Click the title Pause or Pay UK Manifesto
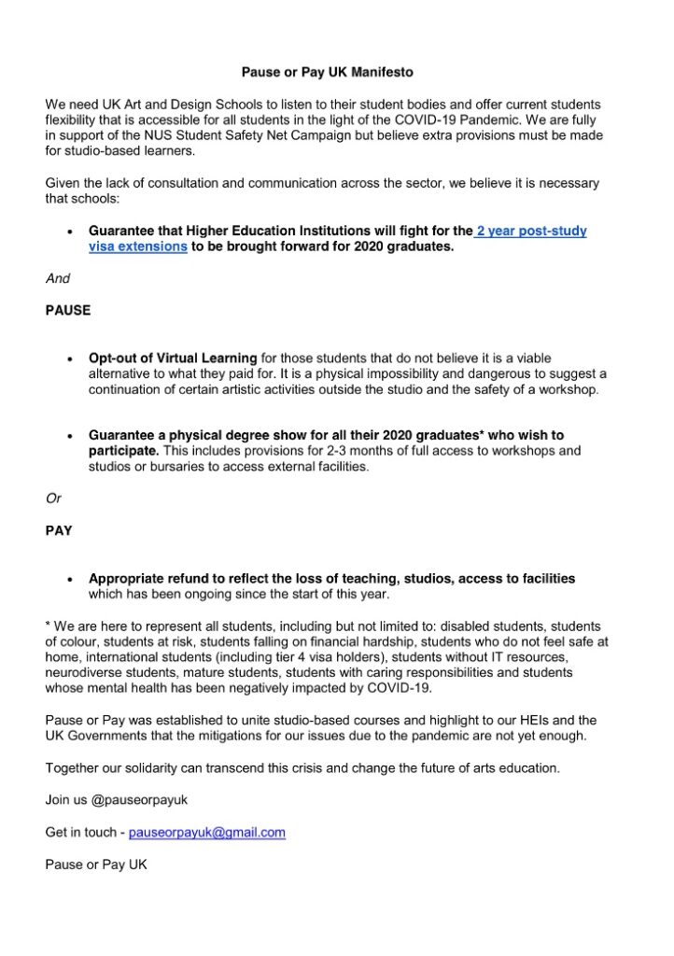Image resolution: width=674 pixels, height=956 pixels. click(336, 71)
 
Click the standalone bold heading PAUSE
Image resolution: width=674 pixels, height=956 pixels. click(68, 310)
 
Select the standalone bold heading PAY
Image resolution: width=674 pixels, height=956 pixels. click(60, 530)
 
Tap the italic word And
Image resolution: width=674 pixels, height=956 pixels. click(58, 278)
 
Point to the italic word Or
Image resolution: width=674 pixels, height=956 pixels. click(53, 499)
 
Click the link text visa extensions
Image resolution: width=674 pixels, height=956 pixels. click(138, 246)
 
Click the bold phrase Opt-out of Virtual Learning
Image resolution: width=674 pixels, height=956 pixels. click(173, 358)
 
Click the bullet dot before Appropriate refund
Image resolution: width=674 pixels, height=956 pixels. click(71, 579)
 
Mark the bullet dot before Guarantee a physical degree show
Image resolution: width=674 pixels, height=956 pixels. click(71, 436)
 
